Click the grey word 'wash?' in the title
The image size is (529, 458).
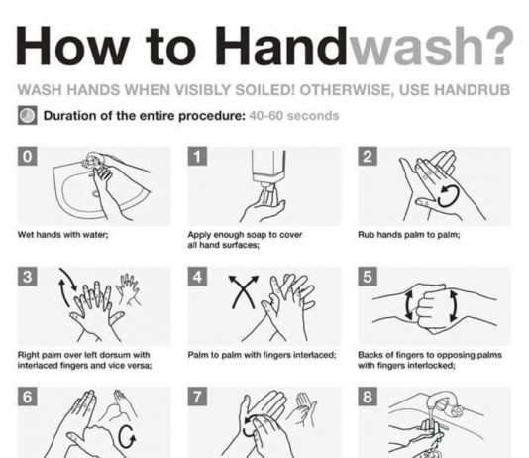click(431, 46)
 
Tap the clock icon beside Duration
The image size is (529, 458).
click(28, 115)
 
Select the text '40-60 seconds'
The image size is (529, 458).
click(294, 116)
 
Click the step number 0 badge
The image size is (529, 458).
click(28, 156)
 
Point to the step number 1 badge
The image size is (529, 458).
click(197, 156)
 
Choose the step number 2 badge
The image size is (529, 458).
click(368, 156)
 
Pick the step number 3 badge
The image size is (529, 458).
click(28, 276)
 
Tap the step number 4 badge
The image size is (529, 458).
click(197, 276)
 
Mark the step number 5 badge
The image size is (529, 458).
click(368, 276)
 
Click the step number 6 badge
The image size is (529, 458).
click(28, 397)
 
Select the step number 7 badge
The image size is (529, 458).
click(197, 397)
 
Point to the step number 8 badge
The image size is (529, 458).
click(368, 397)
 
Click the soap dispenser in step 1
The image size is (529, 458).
click(268, 175)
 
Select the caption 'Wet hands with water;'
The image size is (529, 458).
click(63, 234)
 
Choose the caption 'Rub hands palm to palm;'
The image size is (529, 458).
click(408, 234)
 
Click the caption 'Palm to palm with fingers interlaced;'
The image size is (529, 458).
click(262, 355)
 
